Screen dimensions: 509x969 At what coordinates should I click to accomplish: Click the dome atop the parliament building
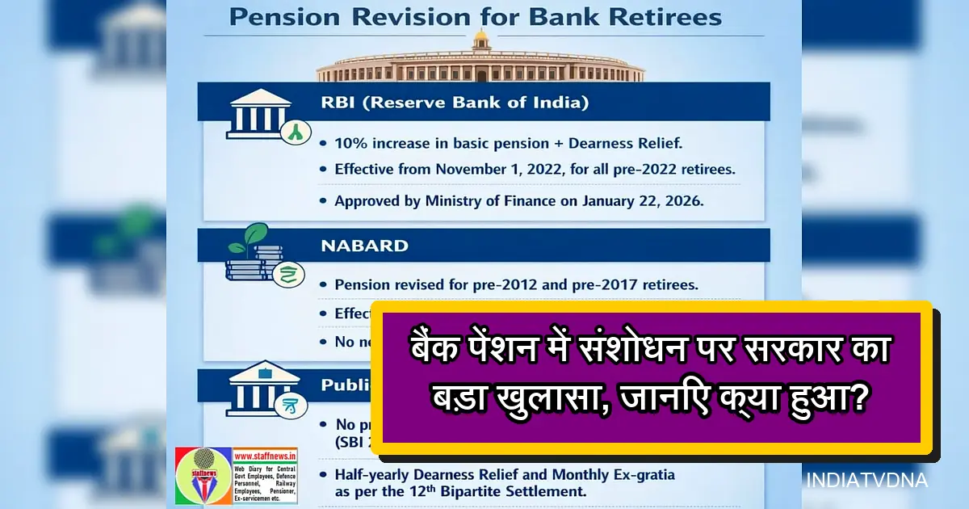(x=481, y=38)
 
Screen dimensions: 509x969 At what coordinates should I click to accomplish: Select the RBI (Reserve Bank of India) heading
(x=455, y=103)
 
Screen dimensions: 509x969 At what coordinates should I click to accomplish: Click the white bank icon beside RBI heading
(x=261, y=115)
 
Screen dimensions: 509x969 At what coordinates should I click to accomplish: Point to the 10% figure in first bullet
(x=350, y=143)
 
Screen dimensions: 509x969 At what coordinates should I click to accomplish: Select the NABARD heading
(x=365, y=246)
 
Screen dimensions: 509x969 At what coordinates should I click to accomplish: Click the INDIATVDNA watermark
(x=867, y=481)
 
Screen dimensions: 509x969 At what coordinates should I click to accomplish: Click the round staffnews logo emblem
(x=203, y=476)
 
